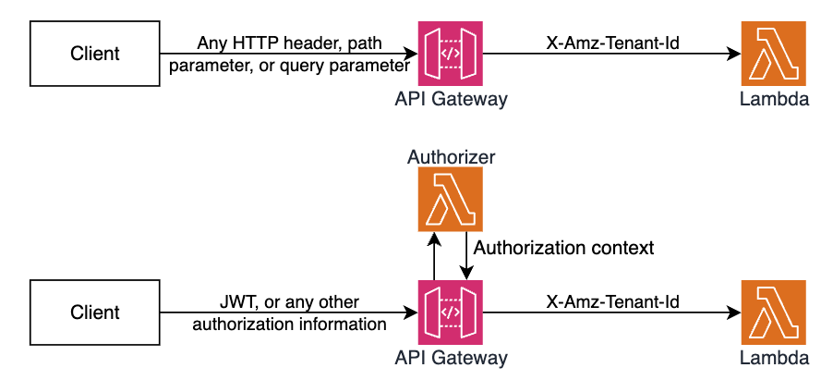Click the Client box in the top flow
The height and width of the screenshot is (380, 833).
(x=94, y=54)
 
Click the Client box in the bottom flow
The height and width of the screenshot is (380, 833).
(x=94, y=312)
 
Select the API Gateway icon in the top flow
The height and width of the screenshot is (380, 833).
(x=449, y=54)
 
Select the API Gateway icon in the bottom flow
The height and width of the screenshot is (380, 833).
(x=449, y=312)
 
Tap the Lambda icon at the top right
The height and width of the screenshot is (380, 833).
(x=774, y=54)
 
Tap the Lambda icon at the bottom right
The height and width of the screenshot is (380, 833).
(x=774, y=312)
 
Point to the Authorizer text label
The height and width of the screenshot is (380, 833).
(x=451, y=157)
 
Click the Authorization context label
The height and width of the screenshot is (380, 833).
(x=563, y=248)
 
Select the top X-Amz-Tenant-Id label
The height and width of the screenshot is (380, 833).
(x=613, y=42)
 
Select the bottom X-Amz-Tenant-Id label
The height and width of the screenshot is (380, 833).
(x=613, y=300)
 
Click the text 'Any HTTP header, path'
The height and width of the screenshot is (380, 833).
(x=289, y=43)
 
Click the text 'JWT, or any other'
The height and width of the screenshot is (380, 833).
(x=289, y=302)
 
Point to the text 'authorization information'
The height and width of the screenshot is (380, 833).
(x=289, y=324)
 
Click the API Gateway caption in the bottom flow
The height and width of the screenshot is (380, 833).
(x=450, y=358)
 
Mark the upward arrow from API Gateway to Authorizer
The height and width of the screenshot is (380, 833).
(x=432, y=258)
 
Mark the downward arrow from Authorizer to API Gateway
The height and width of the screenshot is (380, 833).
(x=466, y=258)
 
